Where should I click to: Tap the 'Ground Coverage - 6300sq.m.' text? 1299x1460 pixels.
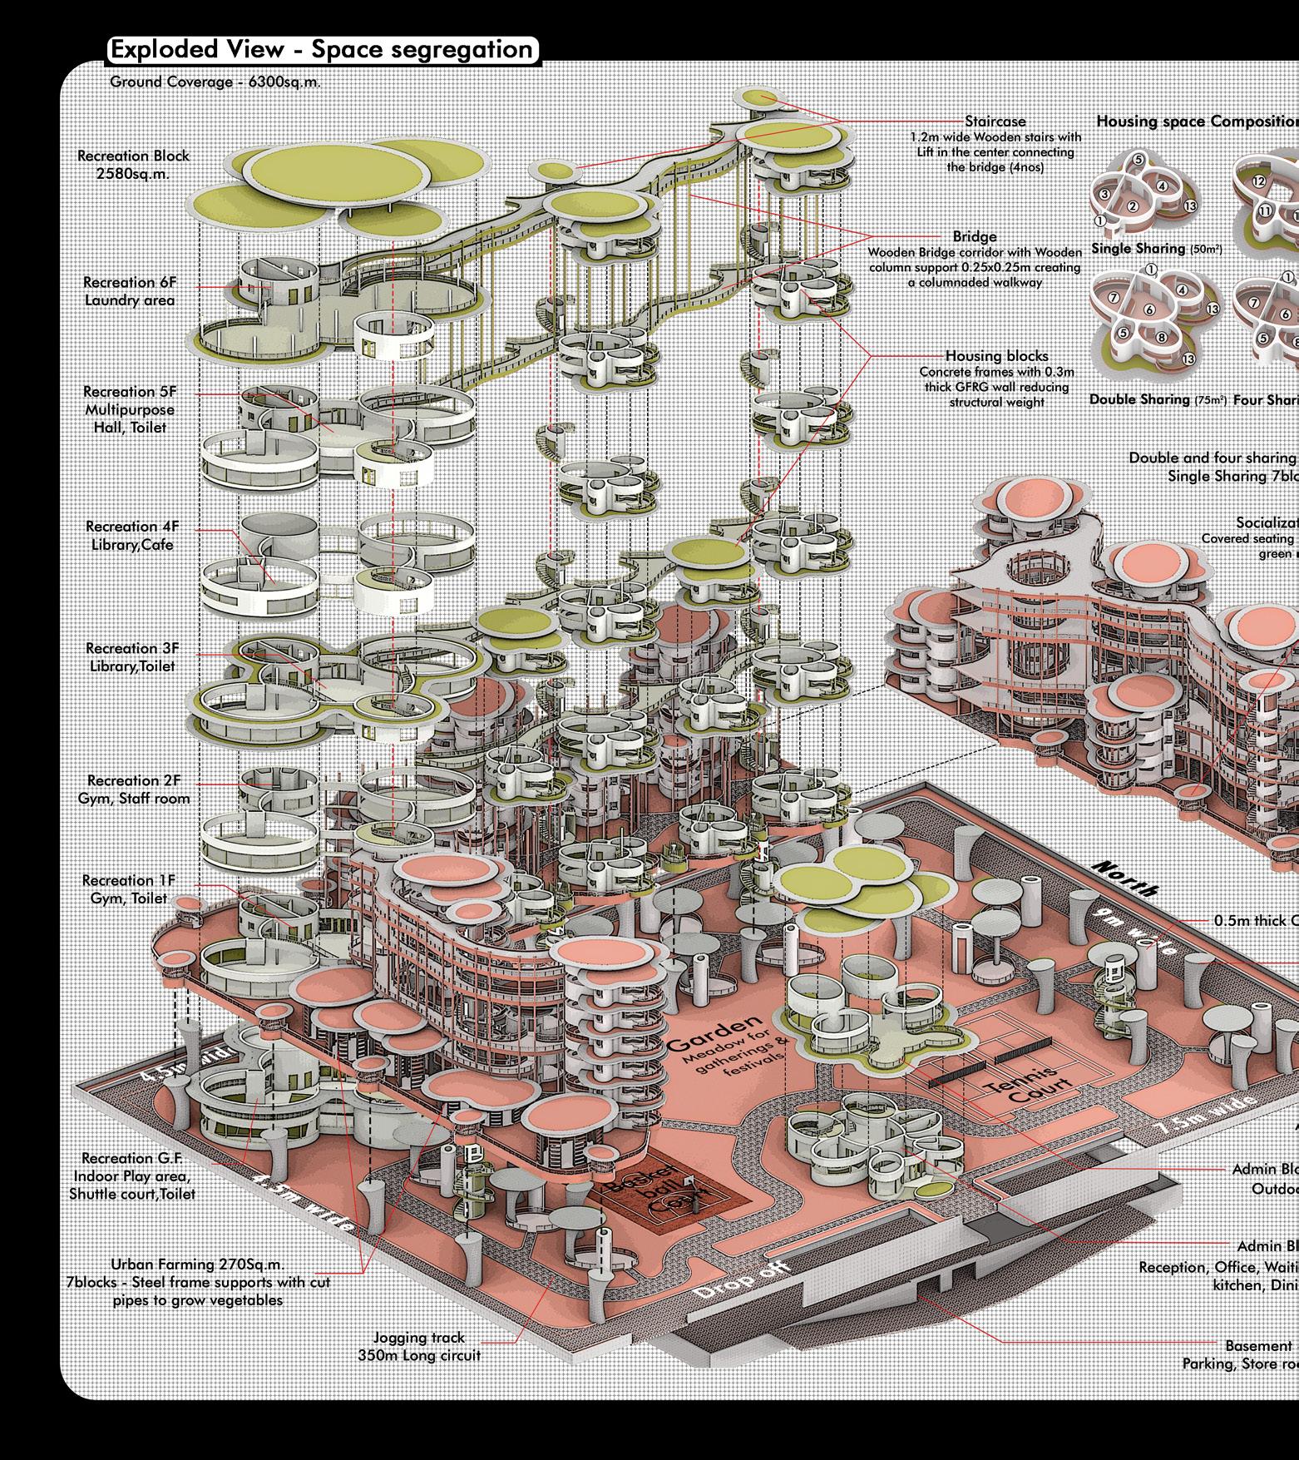pos(215,82)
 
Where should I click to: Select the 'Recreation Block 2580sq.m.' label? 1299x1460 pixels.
pos(133,165)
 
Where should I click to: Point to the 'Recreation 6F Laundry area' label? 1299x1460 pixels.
pos(130,291)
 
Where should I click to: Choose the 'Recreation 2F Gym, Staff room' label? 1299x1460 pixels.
pos(138,789)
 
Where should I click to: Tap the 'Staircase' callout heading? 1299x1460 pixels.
pos(995,121)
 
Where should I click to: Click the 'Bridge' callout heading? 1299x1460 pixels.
pos(975,237)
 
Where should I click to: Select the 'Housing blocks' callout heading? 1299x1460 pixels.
pos(996,356)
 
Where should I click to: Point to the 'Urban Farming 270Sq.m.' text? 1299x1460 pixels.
pos(198,1264)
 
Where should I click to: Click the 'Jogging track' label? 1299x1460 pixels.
pos(419,1338)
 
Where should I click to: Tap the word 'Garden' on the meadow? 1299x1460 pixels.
pos(715,1032)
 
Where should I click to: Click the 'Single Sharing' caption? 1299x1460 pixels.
pos(1138,249)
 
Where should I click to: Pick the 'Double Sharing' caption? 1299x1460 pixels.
pos(1140,400)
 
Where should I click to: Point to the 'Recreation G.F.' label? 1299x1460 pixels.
pos(131,1158)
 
